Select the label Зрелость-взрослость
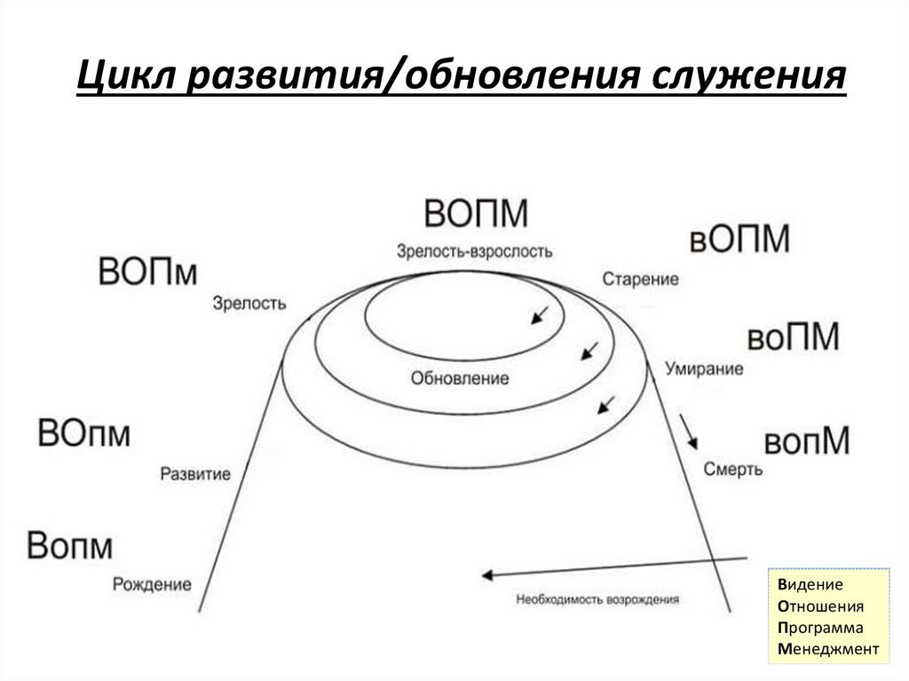point(475,251)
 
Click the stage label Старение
point(640,279)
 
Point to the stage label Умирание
point(706,368)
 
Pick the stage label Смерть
point(732,469)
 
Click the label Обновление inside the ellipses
point(460,378)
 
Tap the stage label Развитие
point(195,474)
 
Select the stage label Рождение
point(153,584)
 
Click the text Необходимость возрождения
point(597,599)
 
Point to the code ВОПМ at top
point(476,214)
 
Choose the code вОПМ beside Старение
point(739,239)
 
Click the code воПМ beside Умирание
point(793,337)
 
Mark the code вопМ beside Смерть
point(807,441)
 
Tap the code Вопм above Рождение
point(70,545)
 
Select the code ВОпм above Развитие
point(84,434)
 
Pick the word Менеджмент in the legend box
point(826,649)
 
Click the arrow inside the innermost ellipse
point(539,313)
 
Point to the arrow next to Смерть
point(690,431)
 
